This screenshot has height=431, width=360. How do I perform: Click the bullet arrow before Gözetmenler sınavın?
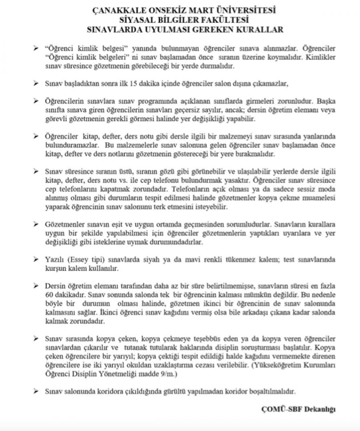click(36, 223)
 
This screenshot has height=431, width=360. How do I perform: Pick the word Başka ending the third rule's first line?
click(326, 101)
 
